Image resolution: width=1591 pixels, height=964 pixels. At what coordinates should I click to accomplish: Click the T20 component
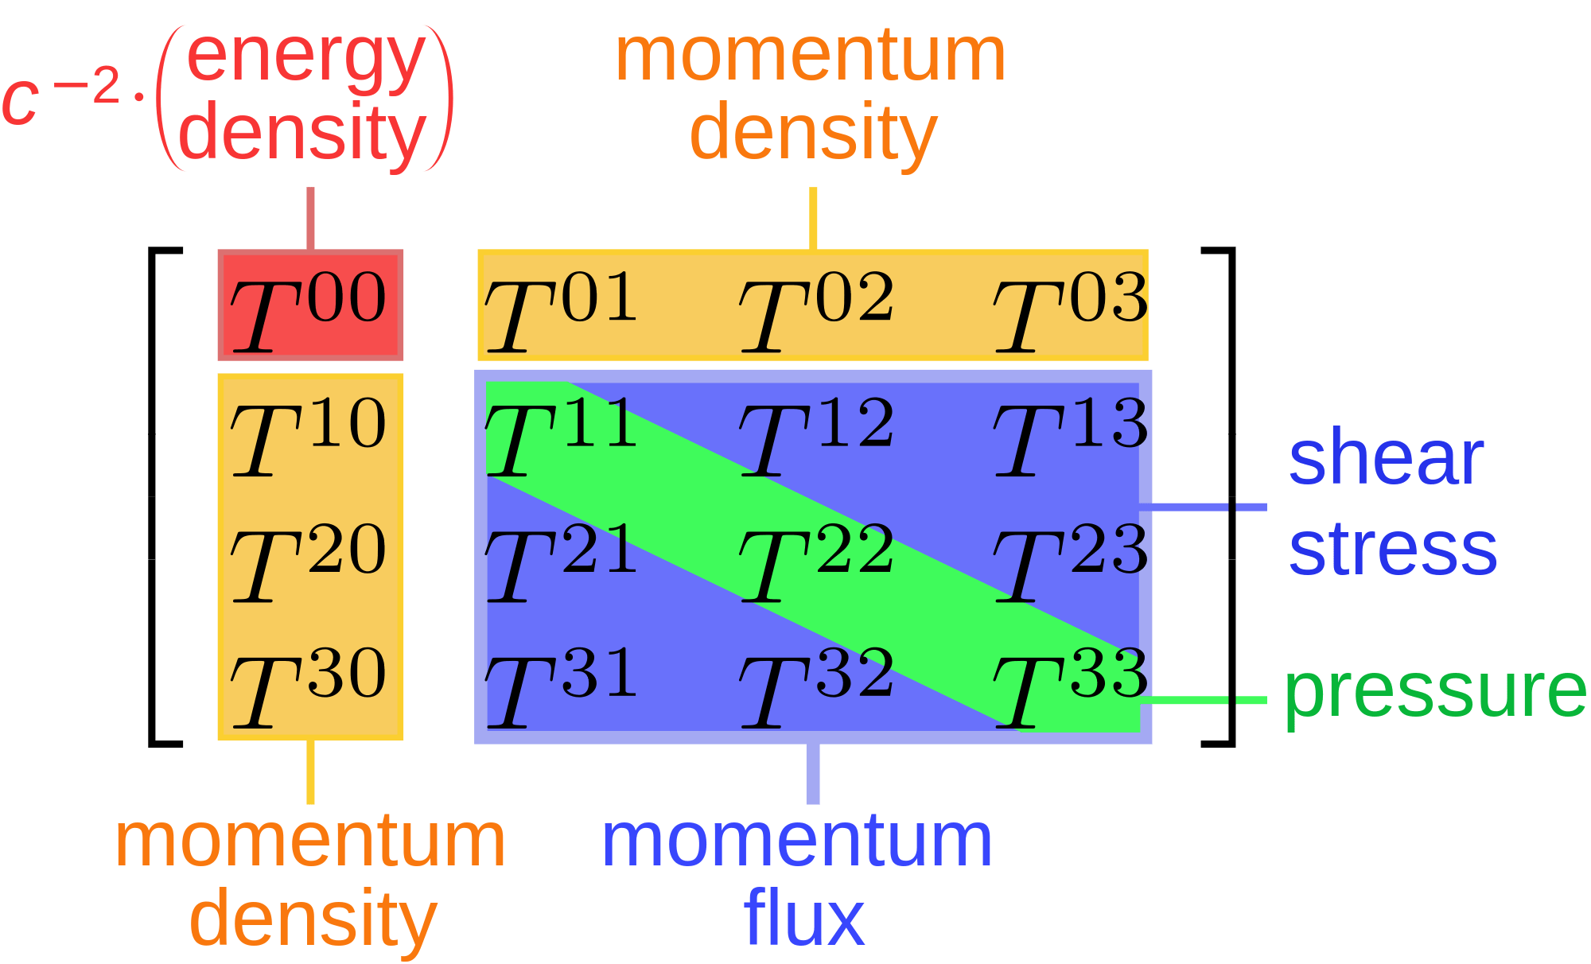(x=309, y=562)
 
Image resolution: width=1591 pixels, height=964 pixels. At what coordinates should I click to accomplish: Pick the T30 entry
(x=309, y=686)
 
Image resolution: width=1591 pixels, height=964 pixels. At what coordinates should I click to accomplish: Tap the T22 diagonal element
(x=816, y=562)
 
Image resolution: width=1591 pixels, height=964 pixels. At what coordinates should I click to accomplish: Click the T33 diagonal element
(x=1071, y=686)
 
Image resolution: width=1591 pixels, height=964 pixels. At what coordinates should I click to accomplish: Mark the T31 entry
(x=561, y=686)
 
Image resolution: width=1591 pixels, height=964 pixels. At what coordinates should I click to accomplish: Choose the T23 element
(x=1071, y=562)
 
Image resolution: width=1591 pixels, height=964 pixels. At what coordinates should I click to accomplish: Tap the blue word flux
(x=803, y=919)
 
